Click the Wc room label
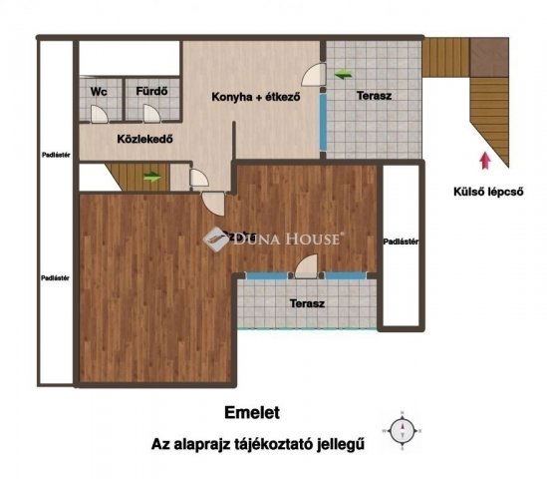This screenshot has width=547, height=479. click(99, 92)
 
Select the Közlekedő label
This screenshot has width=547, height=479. click(144, 140)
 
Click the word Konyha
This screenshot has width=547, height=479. click(231, 98)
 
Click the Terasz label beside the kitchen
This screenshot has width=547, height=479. click(373, 97)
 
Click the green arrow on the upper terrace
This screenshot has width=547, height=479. click(345, 73)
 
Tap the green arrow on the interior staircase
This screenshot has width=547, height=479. click(151, 178)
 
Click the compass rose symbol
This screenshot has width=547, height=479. click(404, 430)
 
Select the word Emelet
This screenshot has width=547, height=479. click(251, 410)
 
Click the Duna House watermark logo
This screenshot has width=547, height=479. click(215, 238)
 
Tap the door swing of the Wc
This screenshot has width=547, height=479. click(99, 113)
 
